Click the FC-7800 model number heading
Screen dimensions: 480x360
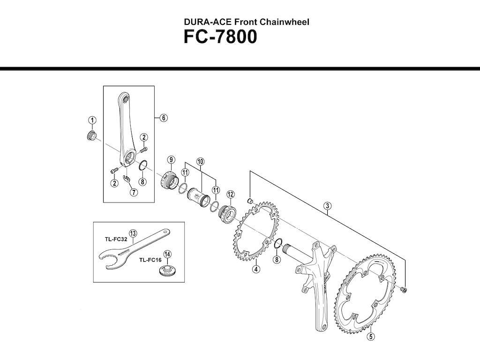pos(220,37)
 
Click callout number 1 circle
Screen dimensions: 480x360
pos(92,120)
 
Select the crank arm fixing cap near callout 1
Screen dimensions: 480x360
pos(91,135)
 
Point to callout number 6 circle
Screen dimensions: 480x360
pos(164,118)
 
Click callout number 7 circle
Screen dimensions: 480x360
pos(134,192)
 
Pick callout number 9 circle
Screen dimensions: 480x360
pos(171,160)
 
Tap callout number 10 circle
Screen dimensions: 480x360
pos(200,161)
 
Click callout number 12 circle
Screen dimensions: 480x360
pos(231,194)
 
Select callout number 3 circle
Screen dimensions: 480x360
pos(328,206)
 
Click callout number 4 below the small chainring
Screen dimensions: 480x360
pos(256,269)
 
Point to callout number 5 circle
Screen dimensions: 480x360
pos(371,337)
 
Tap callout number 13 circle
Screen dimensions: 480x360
pos(133,233)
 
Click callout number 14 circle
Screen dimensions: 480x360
pos(167,254)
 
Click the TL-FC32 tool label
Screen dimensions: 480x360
pos(116,240)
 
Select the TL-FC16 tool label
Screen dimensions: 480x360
pos(150,260)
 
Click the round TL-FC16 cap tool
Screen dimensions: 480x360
pos(167,270)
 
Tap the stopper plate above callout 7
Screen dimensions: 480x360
pos(126,178)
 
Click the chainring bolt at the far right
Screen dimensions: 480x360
pos(404,289)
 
